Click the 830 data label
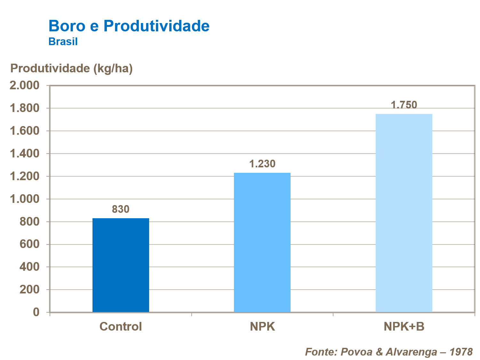[x=121, y=209]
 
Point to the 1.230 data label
[x=262, y=164]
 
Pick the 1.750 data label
[x=404, y=105]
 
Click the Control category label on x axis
[x=121, y=326]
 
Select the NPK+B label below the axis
[x=404, y=326]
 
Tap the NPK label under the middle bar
[x=262, y=326]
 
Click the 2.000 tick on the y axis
[x=25, y=85]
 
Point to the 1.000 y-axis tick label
[x=25, y=199]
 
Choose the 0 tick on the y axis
[x=36, y=312]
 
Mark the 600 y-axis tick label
[x=29, y=244]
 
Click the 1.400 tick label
[x=25, y=154]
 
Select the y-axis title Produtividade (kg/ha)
[x=71, y=68]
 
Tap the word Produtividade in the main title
[x=156, y=26]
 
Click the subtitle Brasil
[x=63, y=42]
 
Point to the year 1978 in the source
[x=461, y=352]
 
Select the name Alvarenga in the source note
[x=411, y=352]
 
